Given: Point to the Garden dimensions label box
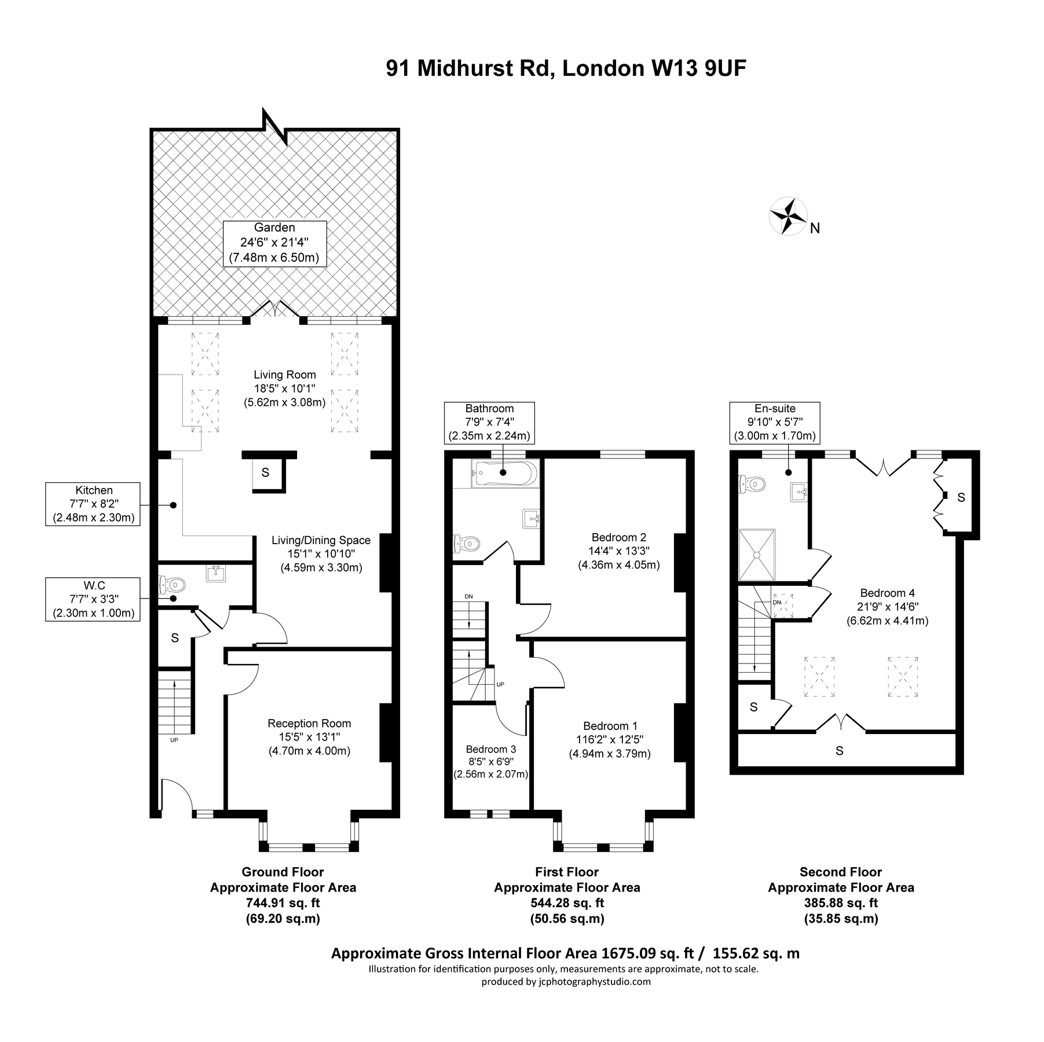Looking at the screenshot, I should (274, 243).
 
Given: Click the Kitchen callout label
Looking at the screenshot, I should (93, 504).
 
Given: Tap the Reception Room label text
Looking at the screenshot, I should (309, 723).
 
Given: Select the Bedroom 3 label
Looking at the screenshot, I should (490, 749).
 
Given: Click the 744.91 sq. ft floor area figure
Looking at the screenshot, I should (283, 902).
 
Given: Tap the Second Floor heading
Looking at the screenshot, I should (840, 871).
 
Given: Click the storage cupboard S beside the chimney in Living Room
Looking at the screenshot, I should (266, 473).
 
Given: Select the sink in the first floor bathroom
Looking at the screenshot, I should (531, 519).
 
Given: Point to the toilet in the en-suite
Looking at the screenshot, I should (750, 483).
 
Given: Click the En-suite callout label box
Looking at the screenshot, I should (775, 422).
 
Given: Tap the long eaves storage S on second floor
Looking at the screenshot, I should (839, 751).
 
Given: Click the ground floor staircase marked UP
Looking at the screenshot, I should (175, 705).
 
